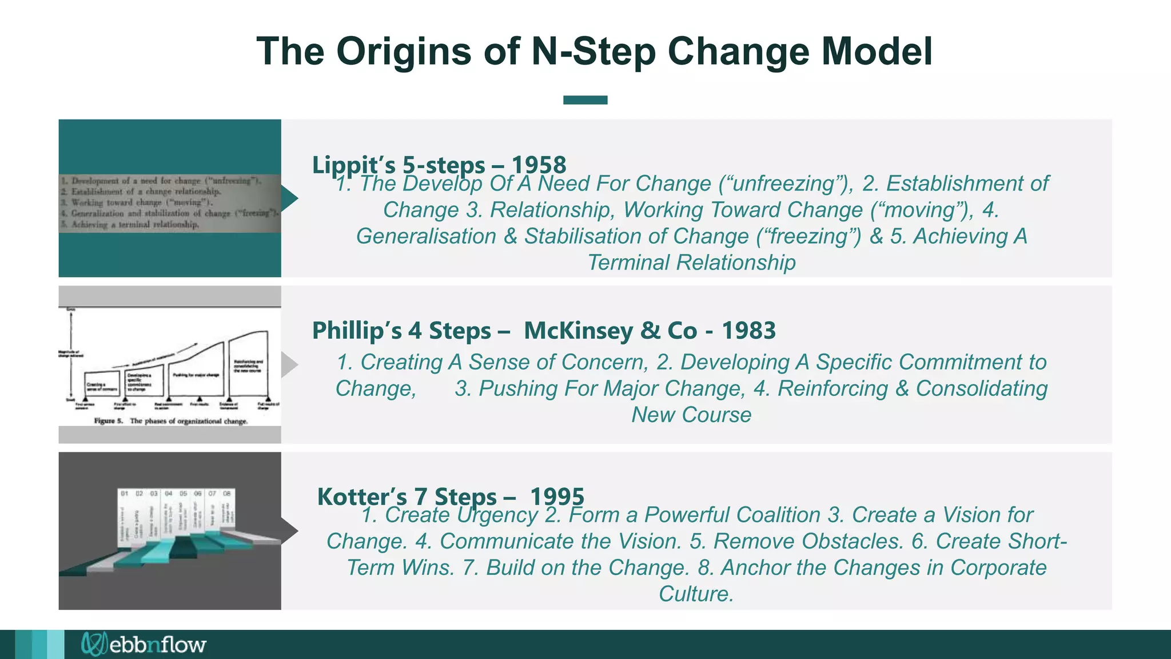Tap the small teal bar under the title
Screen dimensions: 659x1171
pyautogui.click(x=585, y=100)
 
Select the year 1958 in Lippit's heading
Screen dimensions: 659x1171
pyautogui.click(x=539, y=165)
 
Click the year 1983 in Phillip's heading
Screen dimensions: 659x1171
pyautogui.click(x=748, y=331)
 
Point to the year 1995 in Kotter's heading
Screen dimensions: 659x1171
pyautogui.click(x=557, y=497)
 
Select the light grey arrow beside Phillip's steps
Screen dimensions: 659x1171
pyautogui.click(x=289, y=364)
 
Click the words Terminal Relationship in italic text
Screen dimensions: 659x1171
pyautogui.click(x=691, y=263)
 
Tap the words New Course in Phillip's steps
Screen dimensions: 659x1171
pyautogui.click(x=691, y=415)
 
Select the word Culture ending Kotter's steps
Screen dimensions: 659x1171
pyautogui.click(x=695, y=594)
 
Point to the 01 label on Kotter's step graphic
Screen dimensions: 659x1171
pyautogui.click(x=124, y=493)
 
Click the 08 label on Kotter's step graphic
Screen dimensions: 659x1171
pyautogui.click(x=226, y=493)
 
